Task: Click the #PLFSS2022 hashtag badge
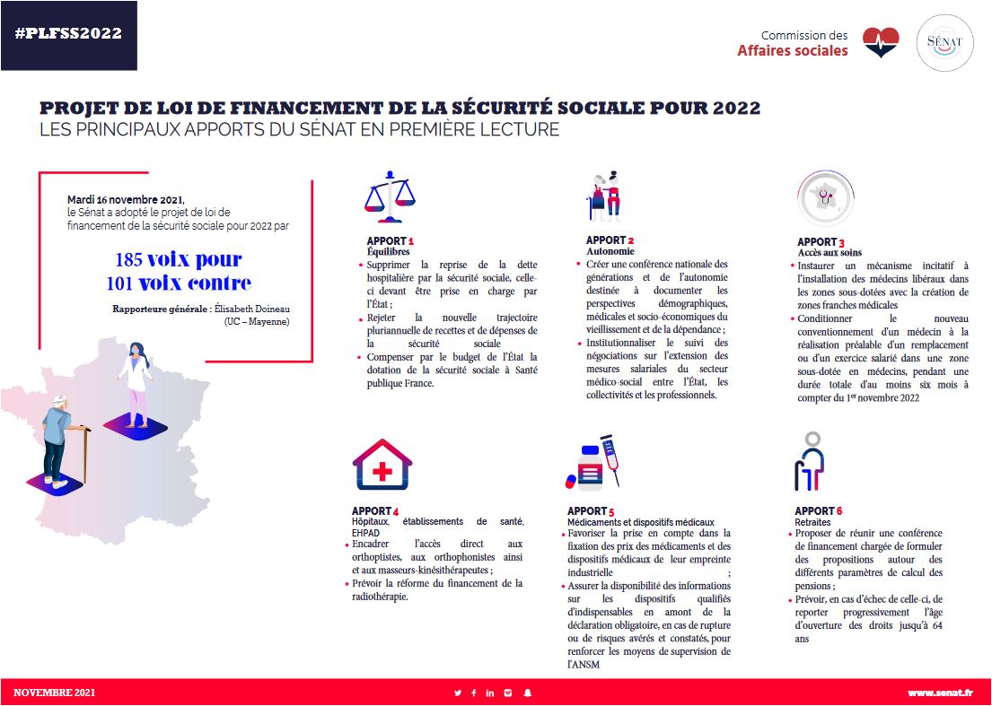click(x=68, y=34)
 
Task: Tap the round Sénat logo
click(x=944, y=43)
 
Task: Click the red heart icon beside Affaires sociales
click(x=881, y=42)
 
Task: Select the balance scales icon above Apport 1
click(x=391, y=196)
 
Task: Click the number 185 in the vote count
click(x=128, y=260)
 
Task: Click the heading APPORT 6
click(x=819, y=511)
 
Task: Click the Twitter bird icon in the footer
click(x=458, y=693)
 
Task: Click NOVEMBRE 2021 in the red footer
click(x=54, y=693)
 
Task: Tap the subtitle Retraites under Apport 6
click(x=812, y=522)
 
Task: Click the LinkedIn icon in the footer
click(x=490, y=693)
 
